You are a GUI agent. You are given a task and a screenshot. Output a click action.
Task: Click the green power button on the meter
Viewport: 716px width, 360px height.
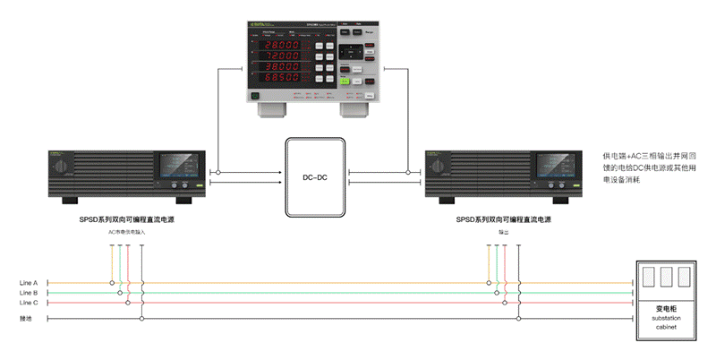(256, 93)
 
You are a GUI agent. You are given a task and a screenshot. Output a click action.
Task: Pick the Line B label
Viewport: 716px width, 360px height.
(29, 293)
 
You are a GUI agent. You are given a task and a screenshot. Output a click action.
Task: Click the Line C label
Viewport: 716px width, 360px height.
(29, 303)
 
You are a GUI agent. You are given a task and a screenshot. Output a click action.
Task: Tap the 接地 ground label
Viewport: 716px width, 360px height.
(26, 318)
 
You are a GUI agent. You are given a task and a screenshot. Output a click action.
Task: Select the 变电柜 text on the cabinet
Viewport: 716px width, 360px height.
(664, 308)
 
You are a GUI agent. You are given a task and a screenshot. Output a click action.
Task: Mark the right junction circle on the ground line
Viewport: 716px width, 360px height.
(517, 318)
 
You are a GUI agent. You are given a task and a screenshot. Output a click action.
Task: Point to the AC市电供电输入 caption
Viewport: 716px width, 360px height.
(126, 232)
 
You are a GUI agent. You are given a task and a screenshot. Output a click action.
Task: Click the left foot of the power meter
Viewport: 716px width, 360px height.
(269, 111)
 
